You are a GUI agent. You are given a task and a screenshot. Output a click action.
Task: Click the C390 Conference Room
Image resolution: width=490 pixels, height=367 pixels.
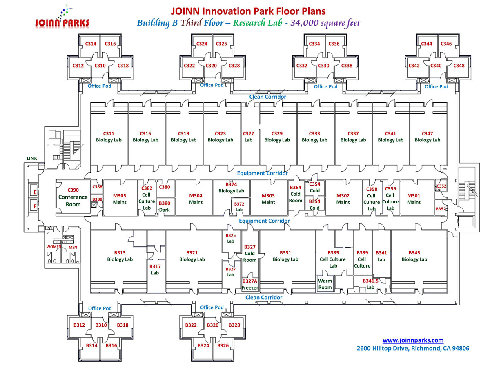(x=73, y=197)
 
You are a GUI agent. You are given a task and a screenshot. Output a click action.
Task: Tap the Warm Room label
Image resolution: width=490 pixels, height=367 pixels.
(x=325, y=284)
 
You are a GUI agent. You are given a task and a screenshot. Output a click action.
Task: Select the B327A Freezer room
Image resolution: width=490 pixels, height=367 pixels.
(x=250, y=284)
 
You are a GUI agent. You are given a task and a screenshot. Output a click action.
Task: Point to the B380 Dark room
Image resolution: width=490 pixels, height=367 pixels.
(x=165, y=206)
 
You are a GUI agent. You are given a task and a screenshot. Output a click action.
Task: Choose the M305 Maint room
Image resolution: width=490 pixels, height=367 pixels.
(x=120, y=199)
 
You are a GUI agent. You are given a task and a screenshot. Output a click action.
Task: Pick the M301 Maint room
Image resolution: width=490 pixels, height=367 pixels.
(x=414, y=199)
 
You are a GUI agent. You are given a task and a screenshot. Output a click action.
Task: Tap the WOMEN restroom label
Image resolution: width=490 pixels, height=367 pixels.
(x=54, y=247)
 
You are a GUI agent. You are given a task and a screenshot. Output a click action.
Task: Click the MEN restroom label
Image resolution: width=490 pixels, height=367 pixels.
(x=73, y=247)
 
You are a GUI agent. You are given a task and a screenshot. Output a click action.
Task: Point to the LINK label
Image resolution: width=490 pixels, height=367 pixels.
(x=32, y=158)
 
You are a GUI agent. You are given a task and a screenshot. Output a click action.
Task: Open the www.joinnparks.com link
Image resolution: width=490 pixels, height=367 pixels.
(x=413, y=340)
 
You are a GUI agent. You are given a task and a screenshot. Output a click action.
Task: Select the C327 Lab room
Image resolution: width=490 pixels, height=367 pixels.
(x=249, y=137)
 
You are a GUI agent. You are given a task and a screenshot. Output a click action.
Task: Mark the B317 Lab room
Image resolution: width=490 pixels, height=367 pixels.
(x=155, y=270)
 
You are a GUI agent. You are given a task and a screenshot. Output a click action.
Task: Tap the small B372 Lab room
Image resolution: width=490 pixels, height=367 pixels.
(x=239, y=206)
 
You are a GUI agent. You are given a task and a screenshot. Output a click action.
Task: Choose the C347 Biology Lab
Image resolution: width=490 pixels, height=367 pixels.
(x=428, y=137)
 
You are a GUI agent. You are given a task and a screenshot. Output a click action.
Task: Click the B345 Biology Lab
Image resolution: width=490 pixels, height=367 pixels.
(x=414, y=256)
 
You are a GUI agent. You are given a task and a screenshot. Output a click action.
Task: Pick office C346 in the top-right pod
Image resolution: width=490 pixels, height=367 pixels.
(x=446, y=44)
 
